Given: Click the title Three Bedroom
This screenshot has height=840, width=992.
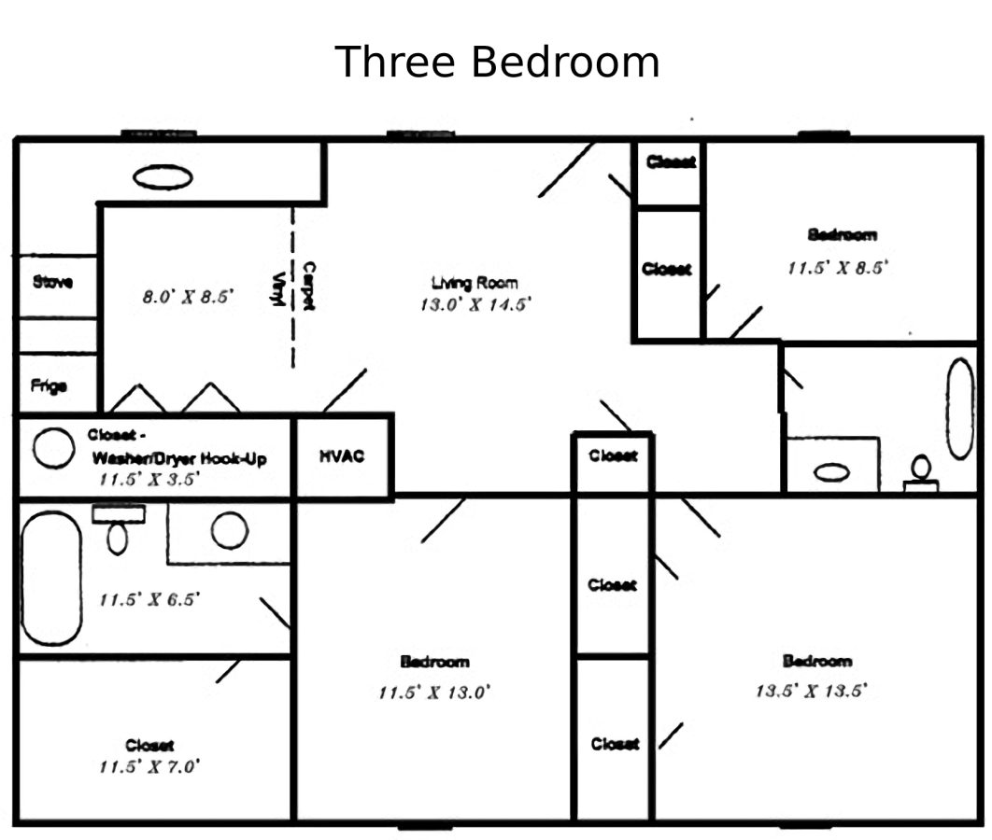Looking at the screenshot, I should (497, 63).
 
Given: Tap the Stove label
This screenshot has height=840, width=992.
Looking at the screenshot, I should (52, 281).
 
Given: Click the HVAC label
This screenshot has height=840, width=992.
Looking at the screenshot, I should (341, 456).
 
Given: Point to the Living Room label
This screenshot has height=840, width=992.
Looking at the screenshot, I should (475, 283).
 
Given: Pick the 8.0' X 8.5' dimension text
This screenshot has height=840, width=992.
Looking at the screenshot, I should (188, 298).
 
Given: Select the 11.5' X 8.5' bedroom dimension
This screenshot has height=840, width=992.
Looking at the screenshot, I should (837, 268).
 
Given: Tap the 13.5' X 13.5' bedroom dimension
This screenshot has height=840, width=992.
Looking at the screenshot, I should (812, 692).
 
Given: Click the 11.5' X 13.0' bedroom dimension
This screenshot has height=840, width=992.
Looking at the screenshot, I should (434, 693).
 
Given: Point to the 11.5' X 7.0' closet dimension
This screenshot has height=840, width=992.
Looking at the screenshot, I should (150, 767).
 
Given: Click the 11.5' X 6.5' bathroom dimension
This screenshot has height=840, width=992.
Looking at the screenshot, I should (150, 599).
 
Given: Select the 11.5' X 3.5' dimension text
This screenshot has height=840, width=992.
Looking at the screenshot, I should (150, 479).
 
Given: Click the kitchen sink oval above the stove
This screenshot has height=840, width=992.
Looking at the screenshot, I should (163, 176).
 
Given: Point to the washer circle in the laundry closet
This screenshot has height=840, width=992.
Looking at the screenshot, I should (53, 449).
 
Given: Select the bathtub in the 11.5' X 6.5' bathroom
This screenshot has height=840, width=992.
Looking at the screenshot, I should (51, 578).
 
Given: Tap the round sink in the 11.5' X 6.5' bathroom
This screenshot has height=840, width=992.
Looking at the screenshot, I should (229, 531).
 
